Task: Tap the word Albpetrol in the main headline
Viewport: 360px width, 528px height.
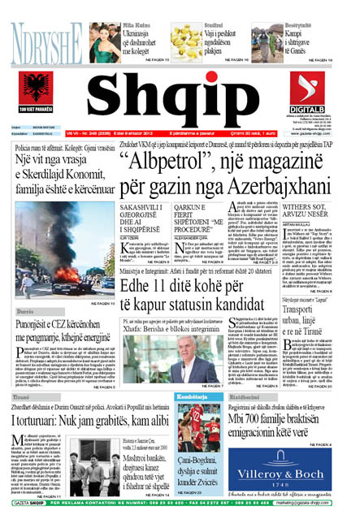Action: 172,158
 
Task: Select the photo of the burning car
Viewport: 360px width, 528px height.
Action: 54,253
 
